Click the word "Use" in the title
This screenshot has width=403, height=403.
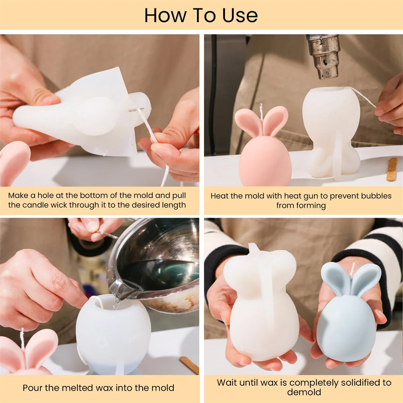240,16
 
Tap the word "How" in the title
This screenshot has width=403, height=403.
165,16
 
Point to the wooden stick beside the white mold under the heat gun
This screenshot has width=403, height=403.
392,170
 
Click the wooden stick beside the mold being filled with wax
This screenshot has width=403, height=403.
189,365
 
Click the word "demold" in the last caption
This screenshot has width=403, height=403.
304,392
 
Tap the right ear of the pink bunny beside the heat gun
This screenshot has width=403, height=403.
276,121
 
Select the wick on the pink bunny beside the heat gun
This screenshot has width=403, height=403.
261,112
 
